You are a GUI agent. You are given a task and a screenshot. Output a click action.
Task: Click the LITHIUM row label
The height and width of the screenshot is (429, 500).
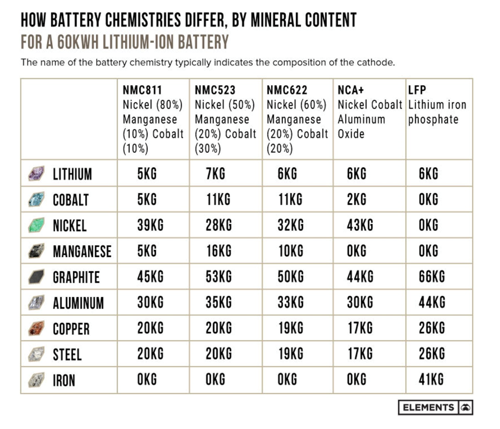pyautogui.click(x=72, y=174)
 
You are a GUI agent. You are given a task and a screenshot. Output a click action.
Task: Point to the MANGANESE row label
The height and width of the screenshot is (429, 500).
pyautogui.click(x=82, y=252)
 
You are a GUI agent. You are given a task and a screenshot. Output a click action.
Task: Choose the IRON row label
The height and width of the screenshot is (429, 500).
pyautogui.click(x=64, y=380)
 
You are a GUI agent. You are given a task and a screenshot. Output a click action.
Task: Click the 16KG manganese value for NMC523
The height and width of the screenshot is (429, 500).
pyautogui.click(x=218, y=251)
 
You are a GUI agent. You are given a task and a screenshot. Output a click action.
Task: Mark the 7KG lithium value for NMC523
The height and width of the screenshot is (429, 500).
pyautogui.click(x=215, y=174)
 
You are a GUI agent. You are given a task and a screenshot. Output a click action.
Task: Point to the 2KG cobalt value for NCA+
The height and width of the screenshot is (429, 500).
pyautogui.click(x=357, y=200)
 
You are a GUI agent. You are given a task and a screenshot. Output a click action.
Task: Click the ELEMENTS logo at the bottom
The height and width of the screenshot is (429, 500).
pyautogui.click(x=435, y=407)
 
